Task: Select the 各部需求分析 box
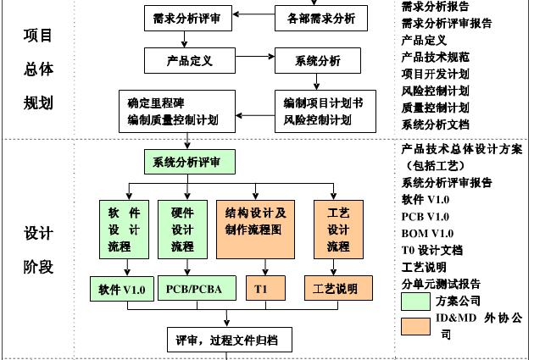[316, 17]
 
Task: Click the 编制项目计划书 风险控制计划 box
[323, 111]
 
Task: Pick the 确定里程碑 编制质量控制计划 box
[173, 111]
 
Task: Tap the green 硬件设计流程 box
[182, 229]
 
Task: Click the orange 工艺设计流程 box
[338, 229]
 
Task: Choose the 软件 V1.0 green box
[121, 289]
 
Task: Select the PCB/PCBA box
[193, 289]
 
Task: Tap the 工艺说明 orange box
[336, 289]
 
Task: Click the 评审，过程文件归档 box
[227, 341]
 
